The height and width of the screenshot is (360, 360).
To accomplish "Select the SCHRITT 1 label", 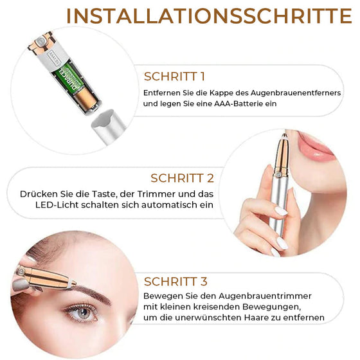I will point(175,76).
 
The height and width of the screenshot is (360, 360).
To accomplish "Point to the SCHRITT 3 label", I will point(175,281).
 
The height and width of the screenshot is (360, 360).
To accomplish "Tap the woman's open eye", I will point(83,312).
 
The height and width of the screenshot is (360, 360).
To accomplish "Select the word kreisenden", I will point(223,307).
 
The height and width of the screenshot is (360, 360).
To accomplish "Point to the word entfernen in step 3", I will point(304,318).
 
